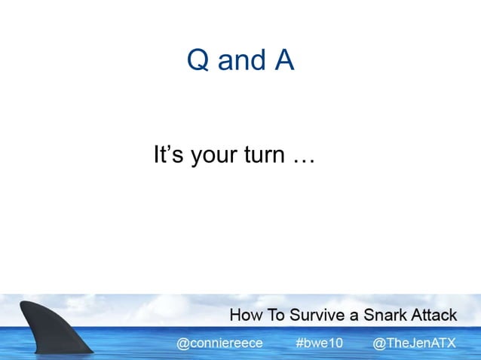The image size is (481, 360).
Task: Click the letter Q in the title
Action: point(198,61)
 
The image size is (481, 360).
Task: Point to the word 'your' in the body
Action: point(216,158)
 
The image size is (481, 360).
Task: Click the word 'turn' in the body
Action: point(266,157)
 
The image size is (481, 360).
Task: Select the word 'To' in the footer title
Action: point(277,315)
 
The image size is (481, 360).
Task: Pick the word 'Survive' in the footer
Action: point(316,315)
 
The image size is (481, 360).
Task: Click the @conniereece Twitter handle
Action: point(219,343)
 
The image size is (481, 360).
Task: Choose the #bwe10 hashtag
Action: point(319,343)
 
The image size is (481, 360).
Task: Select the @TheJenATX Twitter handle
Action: point(415,343)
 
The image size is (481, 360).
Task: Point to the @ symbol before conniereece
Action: point(182,343)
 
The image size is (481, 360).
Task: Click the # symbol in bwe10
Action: point(299,343)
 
